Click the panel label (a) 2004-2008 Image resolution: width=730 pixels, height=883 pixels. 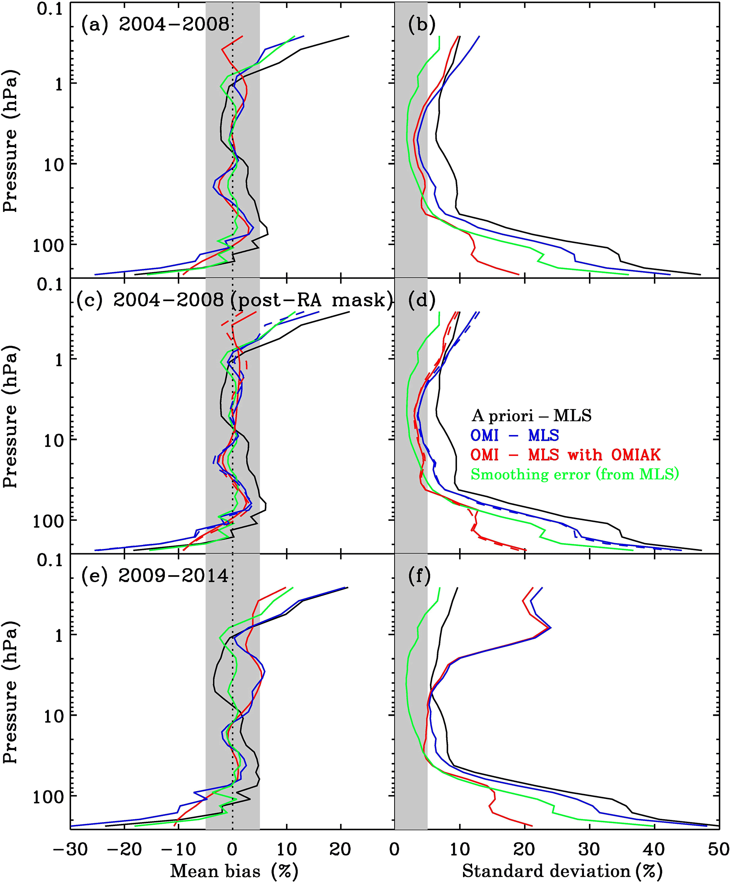coord(155,25)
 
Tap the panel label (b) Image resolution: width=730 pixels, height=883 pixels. coord(421,25)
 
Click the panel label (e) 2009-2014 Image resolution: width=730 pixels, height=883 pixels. coord(154,575)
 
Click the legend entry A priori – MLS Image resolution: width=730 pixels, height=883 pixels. coord(532,415)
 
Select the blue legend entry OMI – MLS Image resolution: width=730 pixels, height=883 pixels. coord(514,435)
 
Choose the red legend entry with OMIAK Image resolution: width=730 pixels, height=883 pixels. coord(565,455)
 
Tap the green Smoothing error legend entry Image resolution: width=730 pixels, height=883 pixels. coord(575,474)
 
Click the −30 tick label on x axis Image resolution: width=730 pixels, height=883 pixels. coord(71,849)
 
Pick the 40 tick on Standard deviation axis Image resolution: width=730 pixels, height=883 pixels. coord(654,849)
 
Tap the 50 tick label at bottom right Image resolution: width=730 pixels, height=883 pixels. coord(718,849)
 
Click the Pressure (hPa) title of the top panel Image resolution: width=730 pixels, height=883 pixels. coord(10,141)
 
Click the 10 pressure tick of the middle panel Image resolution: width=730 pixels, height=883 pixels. coord(53,440)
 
